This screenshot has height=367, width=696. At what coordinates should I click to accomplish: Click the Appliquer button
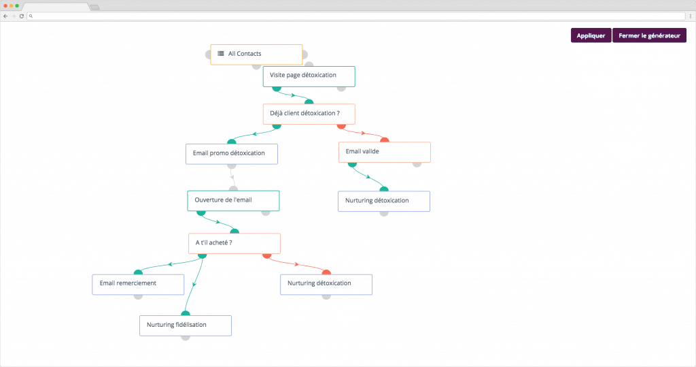591,35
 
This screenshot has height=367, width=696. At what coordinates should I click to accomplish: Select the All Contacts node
256,54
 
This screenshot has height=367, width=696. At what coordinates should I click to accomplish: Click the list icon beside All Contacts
221,53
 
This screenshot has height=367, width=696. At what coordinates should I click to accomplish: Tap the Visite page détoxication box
309,76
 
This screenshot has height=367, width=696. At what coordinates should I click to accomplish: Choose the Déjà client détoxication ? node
309,114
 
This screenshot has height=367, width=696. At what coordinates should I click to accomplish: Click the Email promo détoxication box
232,154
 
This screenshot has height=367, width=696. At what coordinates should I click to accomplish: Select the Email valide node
385,152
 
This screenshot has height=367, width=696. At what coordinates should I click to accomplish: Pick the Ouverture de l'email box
234,201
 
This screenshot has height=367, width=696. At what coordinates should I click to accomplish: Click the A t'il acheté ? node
234,244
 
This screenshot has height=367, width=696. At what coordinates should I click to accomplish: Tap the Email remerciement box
138,284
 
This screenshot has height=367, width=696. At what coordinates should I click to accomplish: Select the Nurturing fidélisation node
186,325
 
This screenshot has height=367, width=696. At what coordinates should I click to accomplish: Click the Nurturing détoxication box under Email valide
384,202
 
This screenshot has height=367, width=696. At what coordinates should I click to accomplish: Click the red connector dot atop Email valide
385,140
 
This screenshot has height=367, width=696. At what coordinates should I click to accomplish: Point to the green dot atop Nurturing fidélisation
186,314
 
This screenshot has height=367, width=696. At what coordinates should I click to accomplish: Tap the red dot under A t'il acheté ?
266,256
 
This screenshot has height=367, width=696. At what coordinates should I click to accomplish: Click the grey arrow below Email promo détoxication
232,178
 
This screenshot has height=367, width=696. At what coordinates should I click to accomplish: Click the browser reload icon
21,16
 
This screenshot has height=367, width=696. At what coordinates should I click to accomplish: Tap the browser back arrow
5,16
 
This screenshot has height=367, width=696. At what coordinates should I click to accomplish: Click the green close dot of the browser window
17,5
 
